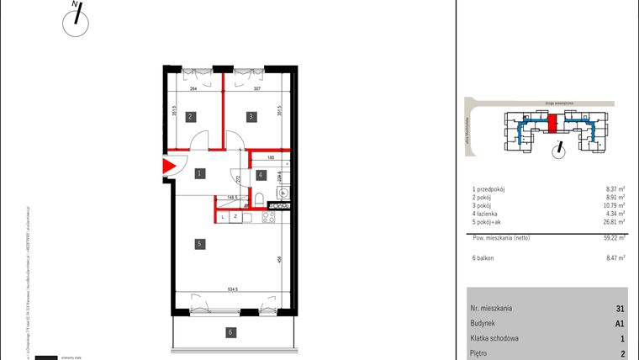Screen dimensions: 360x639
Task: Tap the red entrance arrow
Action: point(168,167)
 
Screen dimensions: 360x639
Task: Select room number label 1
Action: point(200,174)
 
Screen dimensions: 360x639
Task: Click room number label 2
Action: point(192,117)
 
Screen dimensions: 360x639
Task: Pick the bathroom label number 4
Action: point(261,175)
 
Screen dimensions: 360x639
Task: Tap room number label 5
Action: point(199,245)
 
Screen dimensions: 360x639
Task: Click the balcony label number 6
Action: point(230,332)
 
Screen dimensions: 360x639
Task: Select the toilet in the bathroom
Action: point(263,199)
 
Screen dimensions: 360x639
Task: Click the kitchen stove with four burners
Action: point(270,218)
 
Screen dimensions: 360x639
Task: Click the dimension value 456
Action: point(278,259)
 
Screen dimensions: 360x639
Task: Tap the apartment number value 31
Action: point(620,308)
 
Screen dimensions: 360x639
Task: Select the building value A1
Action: point(619,323)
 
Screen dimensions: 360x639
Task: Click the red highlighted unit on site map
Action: point(552,125)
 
